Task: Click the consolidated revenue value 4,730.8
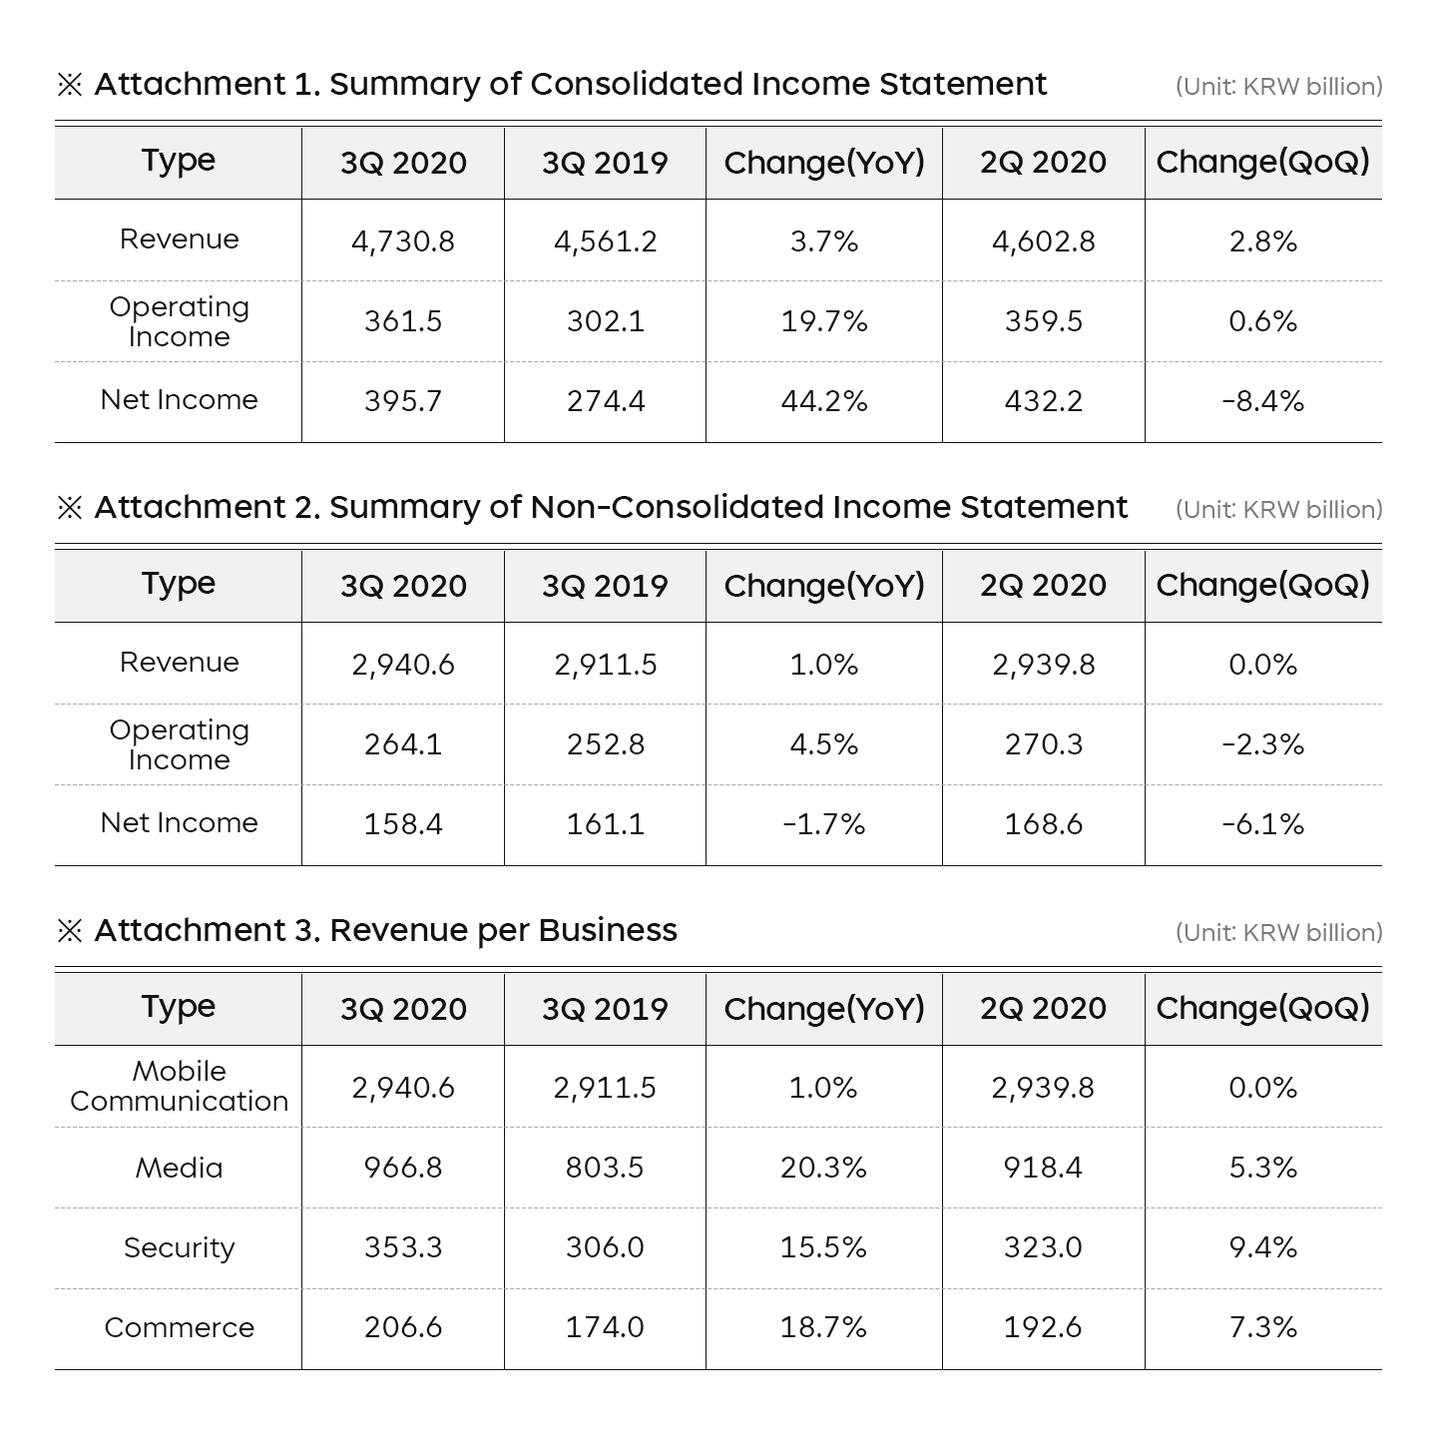pyautogui.click(x=403, y=241)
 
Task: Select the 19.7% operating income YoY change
pyautogui.click(x=824, y=321)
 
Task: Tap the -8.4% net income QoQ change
pyautogui.click(x=1262, y=401)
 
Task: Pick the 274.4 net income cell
pyautogui.click(x=606, y=401)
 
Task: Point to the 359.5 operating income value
pyautogui.click(x=1044, y=321)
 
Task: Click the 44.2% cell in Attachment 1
pyautogui.click(x=824, y=401)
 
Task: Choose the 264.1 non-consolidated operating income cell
pyautogui.click(x=403, y=744)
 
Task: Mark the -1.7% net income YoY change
pyautogui.click(x=824, y=824)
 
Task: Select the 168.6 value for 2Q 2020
pyautogui.click(x=1044, y=824)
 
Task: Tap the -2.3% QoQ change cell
pyautogui.click(x=1262, y=744)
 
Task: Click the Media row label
pyautogui.click(x=180, y=1168)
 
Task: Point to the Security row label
pyautogui.click(x=180, y=1247)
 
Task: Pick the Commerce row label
pyautogui.click(x=180, y=1327)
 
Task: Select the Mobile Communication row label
pyautogui.click(x=180, y=1086)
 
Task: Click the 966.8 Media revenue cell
pyautogui.click(x=403, y=1168)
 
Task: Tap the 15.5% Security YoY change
pyautogui.click(x=824, y=1247)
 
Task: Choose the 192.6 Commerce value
pyautogui.click(x=1044, y=1327)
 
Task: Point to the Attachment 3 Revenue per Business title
pyautogui.click(x=385, y=930)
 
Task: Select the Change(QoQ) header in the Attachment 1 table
pyautogui.click(x=1262, y=162)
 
